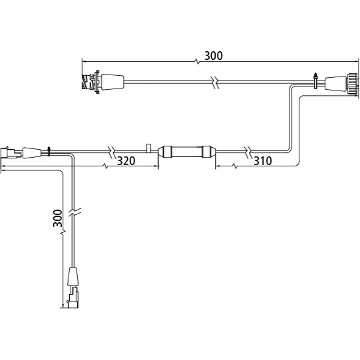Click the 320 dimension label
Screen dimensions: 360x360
pos(126,161)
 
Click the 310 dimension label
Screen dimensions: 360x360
pos(263,161)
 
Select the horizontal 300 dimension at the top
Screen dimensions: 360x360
pos(214,56)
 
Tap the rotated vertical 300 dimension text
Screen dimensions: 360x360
pos(58,218)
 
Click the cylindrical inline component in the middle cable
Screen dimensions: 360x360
pos(187,152)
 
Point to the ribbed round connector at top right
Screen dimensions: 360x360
pos(352,84)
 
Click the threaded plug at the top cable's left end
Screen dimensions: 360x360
pos(90,82)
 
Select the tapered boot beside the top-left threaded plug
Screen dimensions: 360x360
pos(112,82)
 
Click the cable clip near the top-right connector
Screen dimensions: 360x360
pos(316,81)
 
